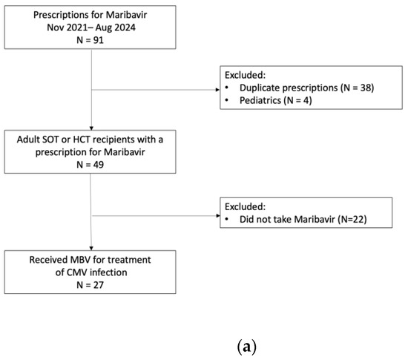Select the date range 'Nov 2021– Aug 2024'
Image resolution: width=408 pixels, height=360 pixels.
(91, 28)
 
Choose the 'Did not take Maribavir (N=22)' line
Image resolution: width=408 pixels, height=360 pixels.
(303, 221)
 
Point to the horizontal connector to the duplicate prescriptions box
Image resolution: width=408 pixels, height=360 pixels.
(155, 91)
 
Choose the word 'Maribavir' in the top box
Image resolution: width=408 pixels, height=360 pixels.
(126, 15)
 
